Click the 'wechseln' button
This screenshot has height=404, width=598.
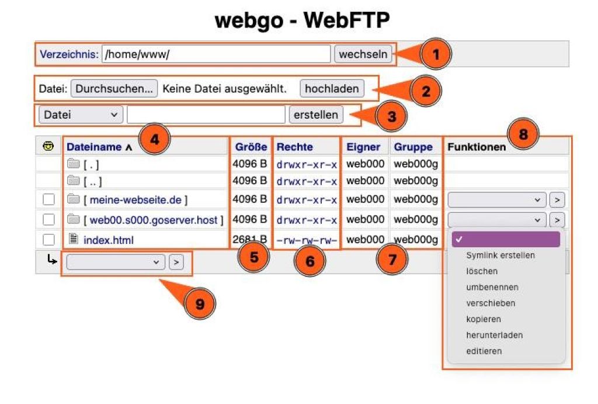(363, 54)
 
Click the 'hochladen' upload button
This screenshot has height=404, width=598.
(332, 88)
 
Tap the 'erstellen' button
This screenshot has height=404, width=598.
(316, 115)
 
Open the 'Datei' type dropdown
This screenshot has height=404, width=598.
(81, 115)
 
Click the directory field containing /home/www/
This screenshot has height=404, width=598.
(216, 54)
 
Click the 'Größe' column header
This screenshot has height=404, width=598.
(251, 147)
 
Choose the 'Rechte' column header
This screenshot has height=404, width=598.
(294, 147)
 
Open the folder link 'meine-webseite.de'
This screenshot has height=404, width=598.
(135, 200)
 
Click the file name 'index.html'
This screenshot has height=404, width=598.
(108, 240)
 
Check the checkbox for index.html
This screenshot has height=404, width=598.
(49, 240)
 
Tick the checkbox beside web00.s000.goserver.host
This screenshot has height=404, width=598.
(49, 220)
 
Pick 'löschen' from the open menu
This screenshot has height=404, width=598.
(482, 271)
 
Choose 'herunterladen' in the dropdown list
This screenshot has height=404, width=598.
(494, 335)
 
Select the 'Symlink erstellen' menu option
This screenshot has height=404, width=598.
(500, 255)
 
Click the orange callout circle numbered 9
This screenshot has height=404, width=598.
(200, 303)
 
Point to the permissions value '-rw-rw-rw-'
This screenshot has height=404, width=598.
(307, 240)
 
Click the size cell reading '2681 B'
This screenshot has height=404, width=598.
(250, 239)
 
